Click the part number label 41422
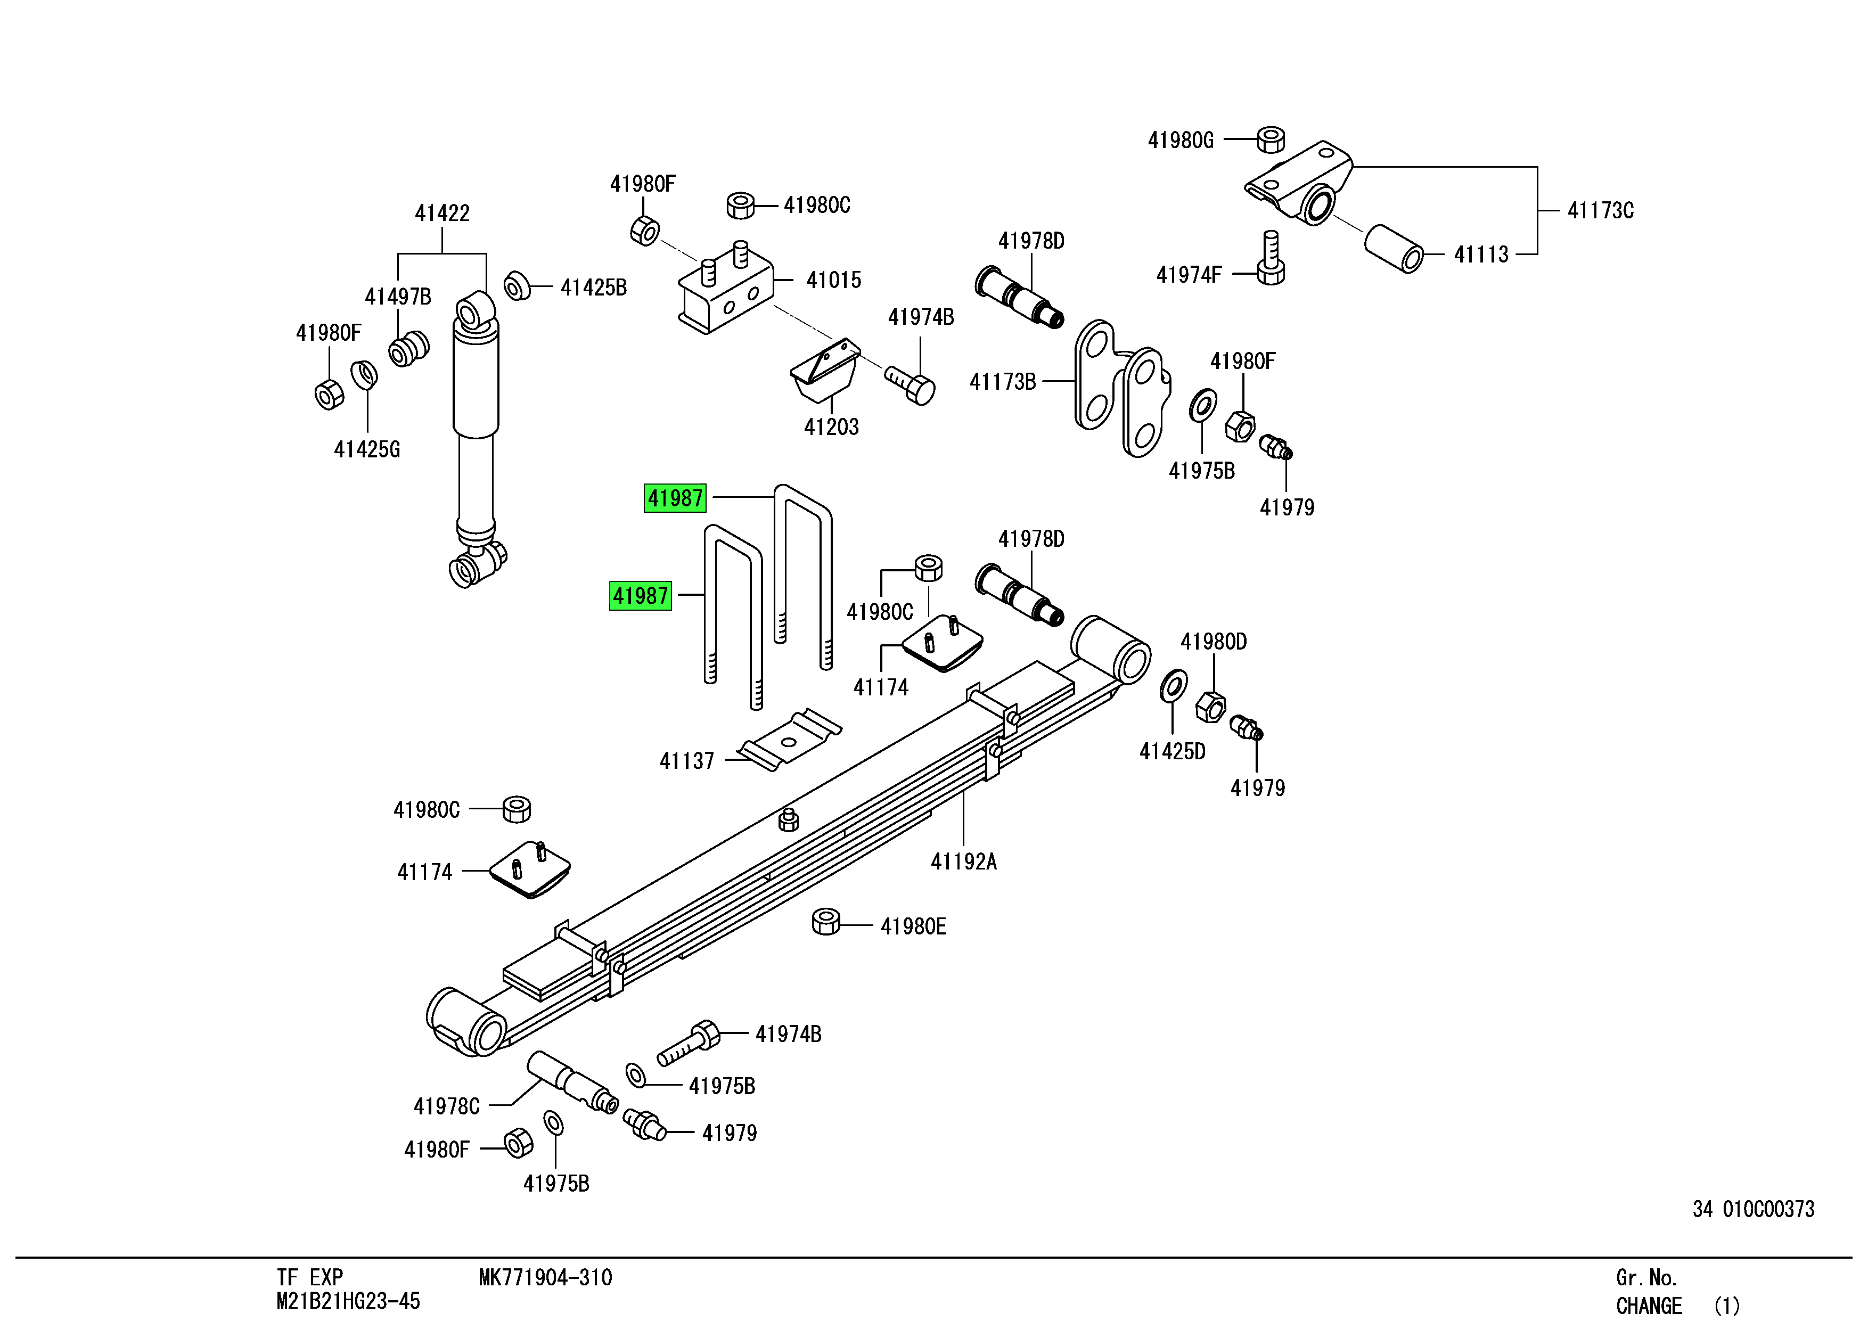pos(442,213)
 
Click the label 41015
pos(833,280)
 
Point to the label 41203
pos(831,427)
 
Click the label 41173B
pos(1002,381)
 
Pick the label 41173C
pos(1600,211)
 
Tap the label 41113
pos(1481,255)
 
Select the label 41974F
pos(1189,275)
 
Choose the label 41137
pos(687,761)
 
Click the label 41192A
pos(963,861)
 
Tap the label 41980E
pos(913,926)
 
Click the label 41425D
pos(1171,752)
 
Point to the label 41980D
pos(1213,642)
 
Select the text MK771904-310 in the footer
pos(545,1278)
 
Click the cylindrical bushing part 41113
pos(1393,248)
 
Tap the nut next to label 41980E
pos(826,922)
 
